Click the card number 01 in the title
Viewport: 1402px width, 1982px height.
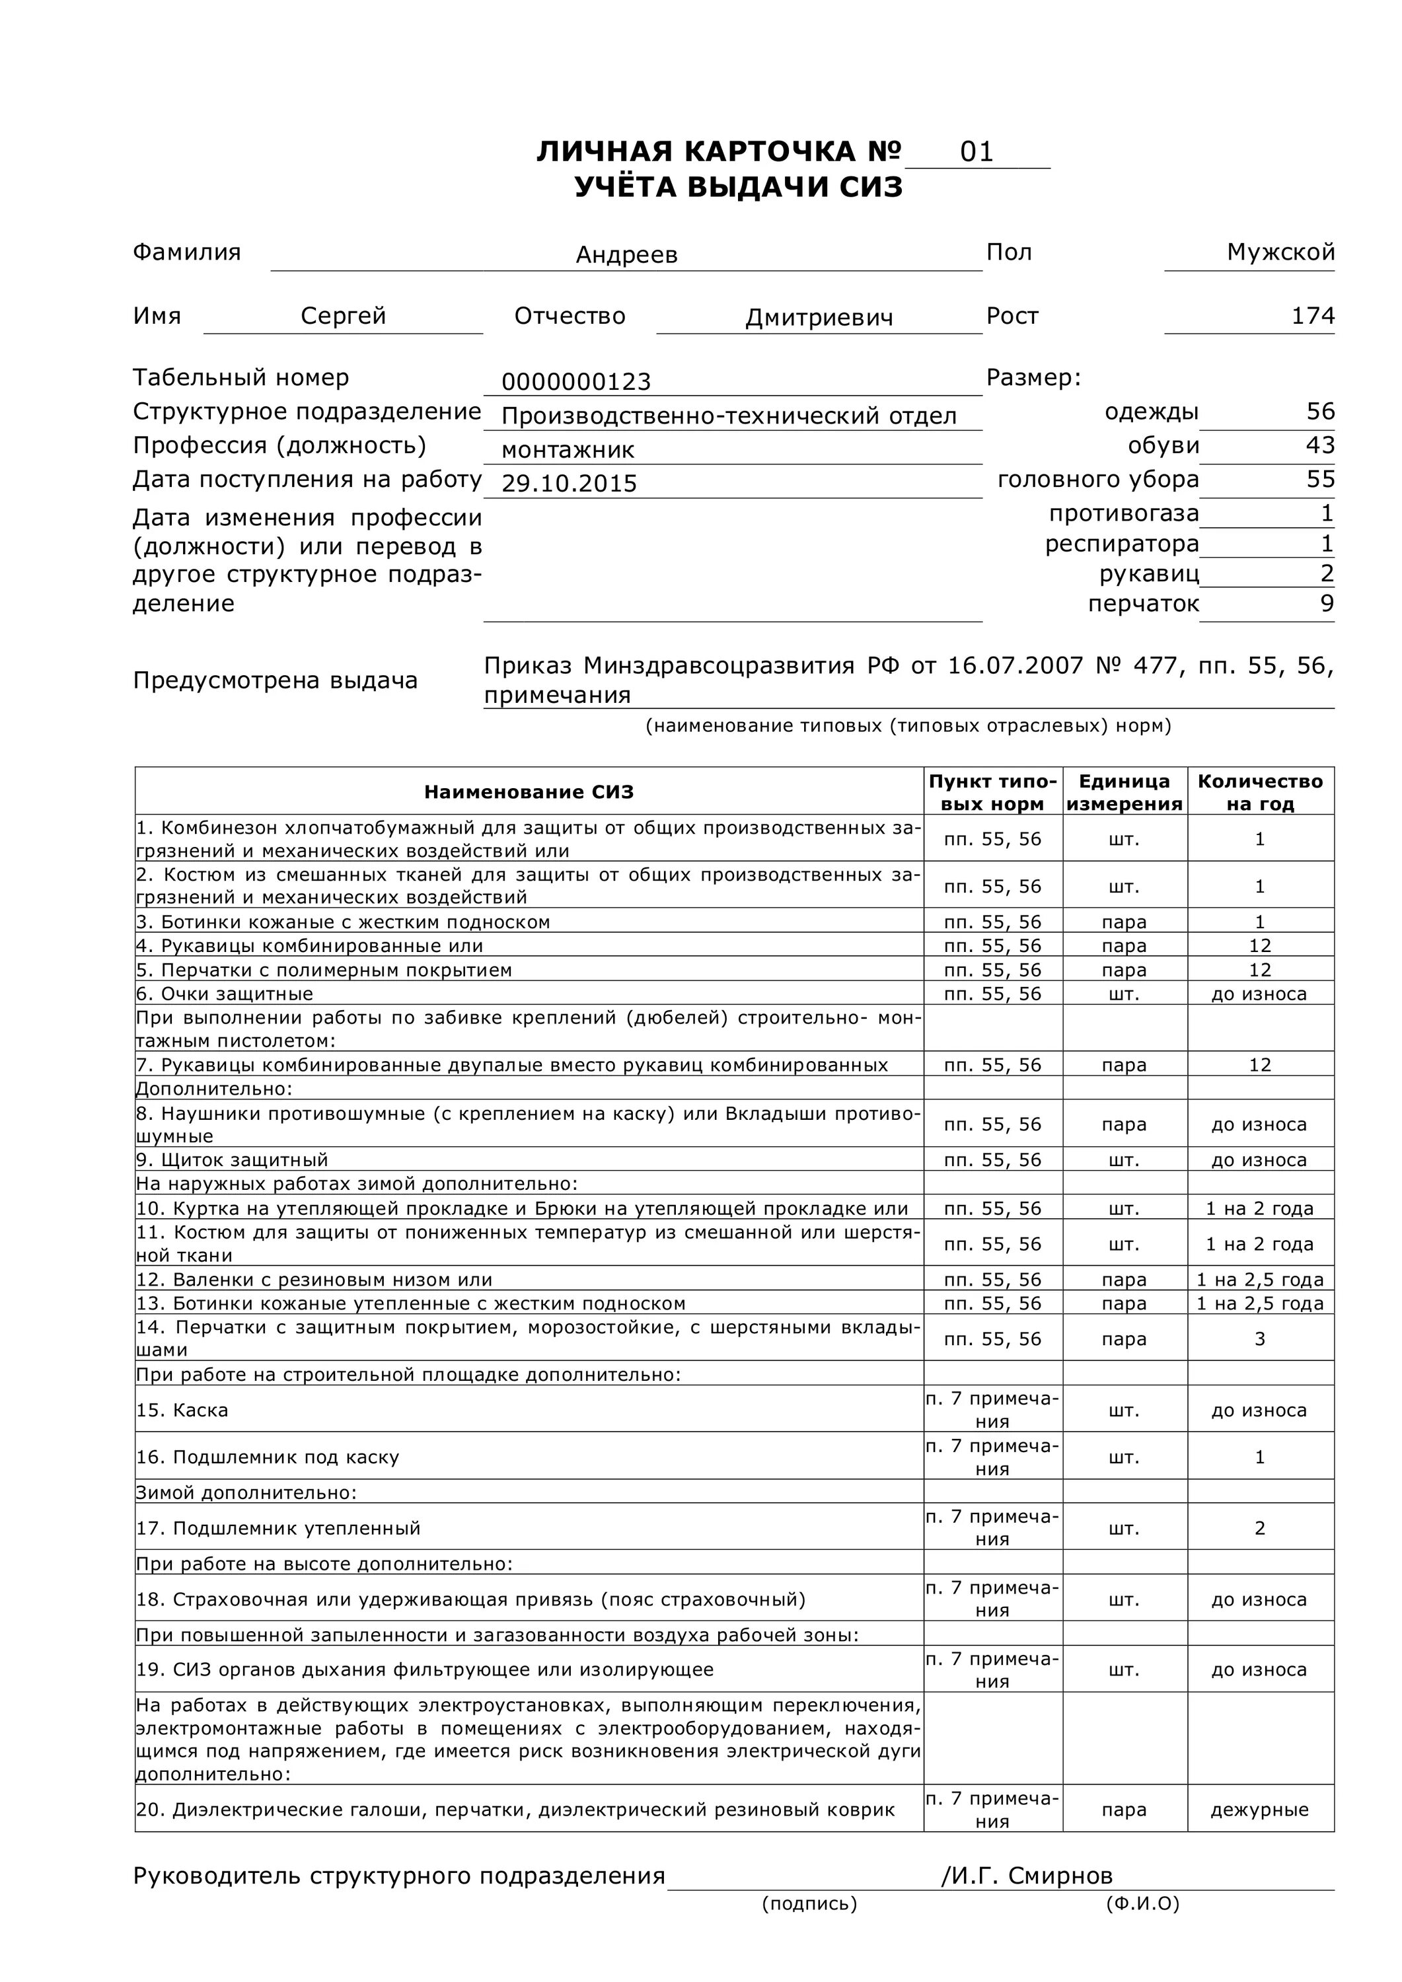(x=977, y=152)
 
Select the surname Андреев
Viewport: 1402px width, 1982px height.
(x=627, y=254)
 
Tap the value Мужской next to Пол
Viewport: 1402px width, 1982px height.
(x=1280, y=252)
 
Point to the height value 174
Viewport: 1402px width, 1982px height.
(x=1312, y=316)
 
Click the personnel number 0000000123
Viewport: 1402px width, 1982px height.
(x=576, y=382)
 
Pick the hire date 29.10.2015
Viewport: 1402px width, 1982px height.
(x=569, y=484)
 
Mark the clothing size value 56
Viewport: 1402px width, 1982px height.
(x=1320, y=411)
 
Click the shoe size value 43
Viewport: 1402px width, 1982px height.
(x=1320, y=445)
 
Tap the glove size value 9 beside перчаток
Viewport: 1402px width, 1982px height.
(x=1327, y=603)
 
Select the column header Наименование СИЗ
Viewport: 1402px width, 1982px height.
(x=529, y=792)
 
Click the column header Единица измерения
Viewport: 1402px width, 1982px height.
(x=1124, y=792)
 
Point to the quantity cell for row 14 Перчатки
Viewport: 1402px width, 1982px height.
(x=1259, y=1339)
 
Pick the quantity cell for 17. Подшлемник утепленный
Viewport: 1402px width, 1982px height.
(x=1259, y=1528)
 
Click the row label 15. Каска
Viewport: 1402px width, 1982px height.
(x=182, y=1410)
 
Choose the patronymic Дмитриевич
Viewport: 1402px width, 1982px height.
(x=819, y=318)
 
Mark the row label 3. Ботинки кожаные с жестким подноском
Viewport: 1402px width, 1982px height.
(x=343, y=922)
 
